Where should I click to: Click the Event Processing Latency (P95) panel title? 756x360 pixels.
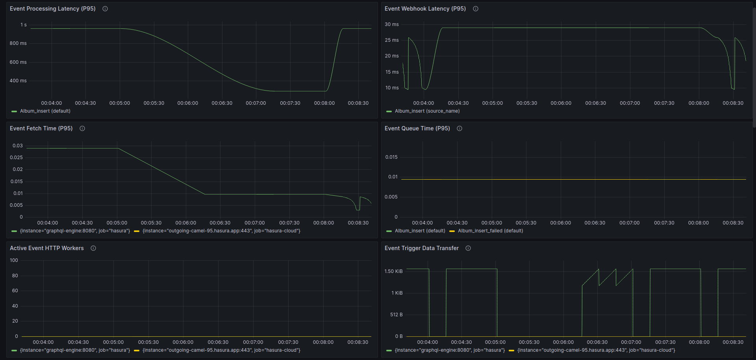tap(52, 9)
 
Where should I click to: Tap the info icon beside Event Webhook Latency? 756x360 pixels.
tap(476, 9)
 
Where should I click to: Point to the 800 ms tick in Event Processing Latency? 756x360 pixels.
tap(18, 43)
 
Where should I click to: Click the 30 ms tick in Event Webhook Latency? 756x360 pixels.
tap(391, 24)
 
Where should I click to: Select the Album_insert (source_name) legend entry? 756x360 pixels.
tap(427, 111)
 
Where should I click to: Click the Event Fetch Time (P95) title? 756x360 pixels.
tap(41, 128)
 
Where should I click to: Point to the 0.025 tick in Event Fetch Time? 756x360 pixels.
tap(16, 158)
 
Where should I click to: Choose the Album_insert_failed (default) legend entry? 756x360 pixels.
tap(490, 231)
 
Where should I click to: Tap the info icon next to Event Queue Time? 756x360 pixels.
tap(460, 128)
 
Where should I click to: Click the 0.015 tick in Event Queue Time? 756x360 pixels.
tap(391, 157)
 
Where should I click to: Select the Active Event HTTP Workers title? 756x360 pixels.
tap(46, 248)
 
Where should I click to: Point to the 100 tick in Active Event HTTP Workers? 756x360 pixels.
tap(14, 260)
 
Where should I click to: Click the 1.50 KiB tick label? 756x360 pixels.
tap(393, 271)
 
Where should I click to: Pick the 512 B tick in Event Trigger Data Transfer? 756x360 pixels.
tap(396, 315)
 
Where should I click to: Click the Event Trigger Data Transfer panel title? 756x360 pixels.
tap(421, 248)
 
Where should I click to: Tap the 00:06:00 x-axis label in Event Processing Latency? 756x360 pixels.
tap(187, 103)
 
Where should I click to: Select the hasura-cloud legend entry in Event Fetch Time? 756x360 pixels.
tap(221, 231)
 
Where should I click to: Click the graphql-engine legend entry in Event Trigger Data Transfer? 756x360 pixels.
tap(450, 350)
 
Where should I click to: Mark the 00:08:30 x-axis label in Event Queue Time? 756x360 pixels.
tap(733, 223)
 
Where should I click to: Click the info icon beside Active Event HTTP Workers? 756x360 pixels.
tap(93, 248)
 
